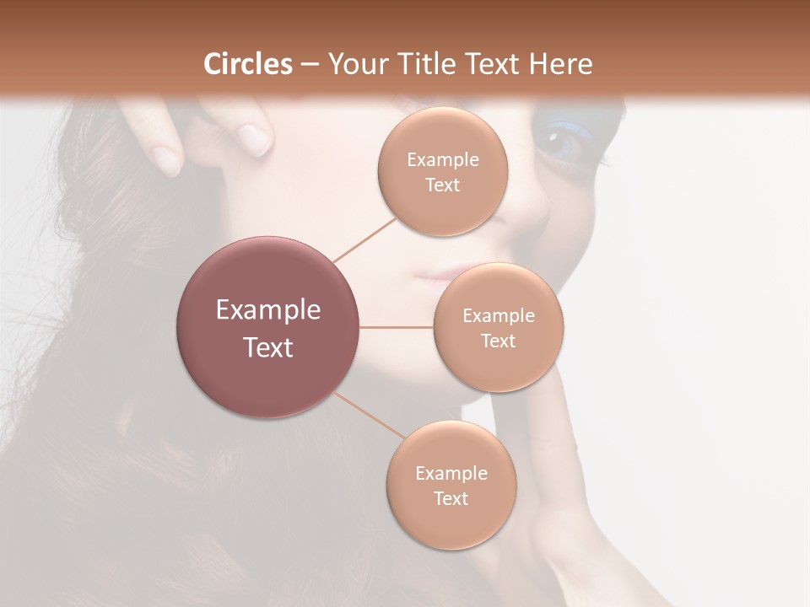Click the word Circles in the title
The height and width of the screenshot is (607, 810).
point(247,64)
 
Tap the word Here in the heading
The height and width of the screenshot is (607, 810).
point(559,64)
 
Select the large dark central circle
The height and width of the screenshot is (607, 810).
point(268,327)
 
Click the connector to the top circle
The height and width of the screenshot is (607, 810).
point(364,239)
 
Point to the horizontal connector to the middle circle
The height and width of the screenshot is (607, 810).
point(397,327)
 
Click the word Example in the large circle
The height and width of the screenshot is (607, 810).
point(268,310)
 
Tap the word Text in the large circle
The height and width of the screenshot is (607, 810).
point(268,347)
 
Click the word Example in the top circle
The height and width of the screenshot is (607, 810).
point(443,160)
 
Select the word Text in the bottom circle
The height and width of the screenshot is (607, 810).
point(451,498)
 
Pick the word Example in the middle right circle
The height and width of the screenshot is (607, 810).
point(499,316)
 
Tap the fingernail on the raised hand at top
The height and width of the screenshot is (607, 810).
point(255,137)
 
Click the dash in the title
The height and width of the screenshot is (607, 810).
point(310,64)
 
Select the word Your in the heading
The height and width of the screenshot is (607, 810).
point(354,64)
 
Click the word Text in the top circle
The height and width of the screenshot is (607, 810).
point(443,185)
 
